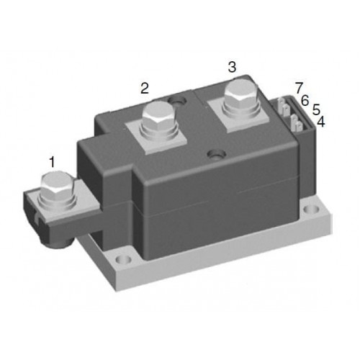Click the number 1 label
point(52,161)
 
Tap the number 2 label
point(145,88)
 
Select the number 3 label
point(232,67)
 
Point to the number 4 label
point(321,122)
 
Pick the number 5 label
point(316,109)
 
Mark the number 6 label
point(305,101)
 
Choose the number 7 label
point(300,88)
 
